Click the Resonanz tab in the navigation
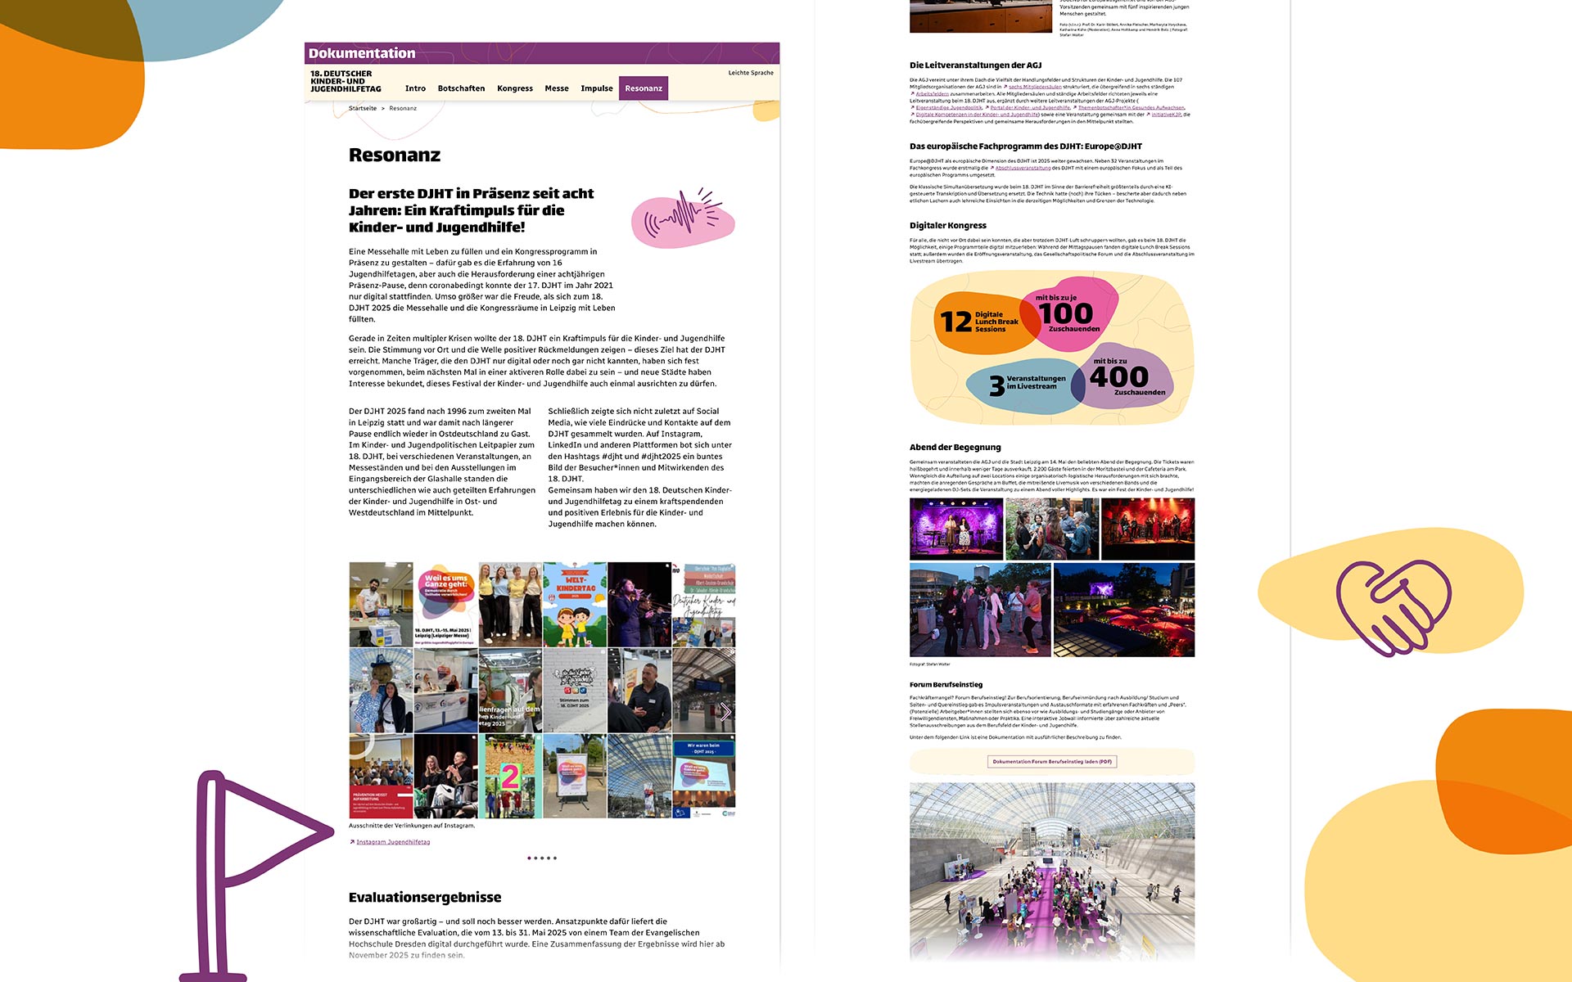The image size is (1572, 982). coord(643,88)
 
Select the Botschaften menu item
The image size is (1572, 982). coord(461,88)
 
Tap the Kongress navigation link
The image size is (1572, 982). coord(514,88)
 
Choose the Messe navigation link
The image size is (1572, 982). coord(556,88)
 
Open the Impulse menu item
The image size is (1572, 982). coord(596,88)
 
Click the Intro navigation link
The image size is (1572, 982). coord(415,88)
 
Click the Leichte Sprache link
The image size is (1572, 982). coord(750,73)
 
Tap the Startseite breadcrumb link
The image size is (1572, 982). coord(363,108)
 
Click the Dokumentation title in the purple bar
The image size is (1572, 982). coord(362,53)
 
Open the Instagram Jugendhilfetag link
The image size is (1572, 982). coord(393,842)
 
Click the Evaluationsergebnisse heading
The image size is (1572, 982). coord(424,897)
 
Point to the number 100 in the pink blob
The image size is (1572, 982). coord(1066,313)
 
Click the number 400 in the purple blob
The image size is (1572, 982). coord(1118,376)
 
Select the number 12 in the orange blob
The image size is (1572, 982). coord(955,322)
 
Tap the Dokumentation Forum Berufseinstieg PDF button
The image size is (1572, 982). coord(1052,762)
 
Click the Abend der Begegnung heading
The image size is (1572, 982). coord(955,447)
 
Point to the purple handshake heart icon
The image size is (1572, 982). coord(1392,606)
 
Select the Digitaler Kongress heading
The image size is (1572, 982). coord(947,225)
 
